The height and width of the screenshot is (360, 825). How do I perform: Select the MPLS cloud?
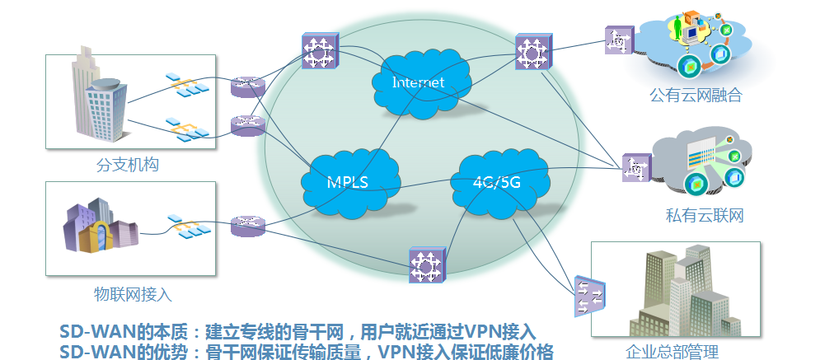click(x=350, y=182)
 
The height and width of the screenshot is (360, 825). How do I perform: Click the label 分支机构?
click(x=127, y=165)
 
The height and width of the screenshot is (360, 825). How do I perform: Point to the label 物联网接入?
click(x=134, y=294)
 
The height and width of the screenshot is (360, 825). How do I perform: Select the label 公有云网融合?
click(x=696, y=95)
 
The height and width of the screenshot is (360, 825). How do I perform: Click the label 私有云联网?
click(x=705, y=216)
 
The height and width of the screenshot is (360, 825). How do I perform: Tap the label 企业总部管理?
click(x=672, y=352)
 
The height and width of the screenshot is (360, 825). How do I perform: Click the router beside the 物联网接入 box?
click(x=248, y=226)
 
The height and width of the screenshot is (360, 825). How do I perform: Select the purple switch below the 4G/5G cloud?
click(x=427, y=265)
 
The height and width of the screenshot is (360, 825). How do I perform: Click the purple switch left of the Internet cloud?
click(x=320, y=50)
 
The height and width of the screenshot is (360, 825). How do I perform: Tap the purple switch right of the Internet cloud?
click(x=533, y=52)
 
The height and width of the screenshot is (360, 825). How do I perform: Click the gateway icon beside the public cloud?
click(x=619, y=40)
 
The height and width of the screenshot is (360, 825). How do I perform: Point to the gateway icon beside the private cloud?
click(x=636, y=168)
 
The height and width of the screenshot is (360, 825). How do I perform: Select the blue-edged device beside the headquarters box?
click(x=589, y=296)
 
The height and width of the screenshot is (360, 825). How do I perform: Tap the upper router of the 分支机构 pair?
click(x=248, y=86)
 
